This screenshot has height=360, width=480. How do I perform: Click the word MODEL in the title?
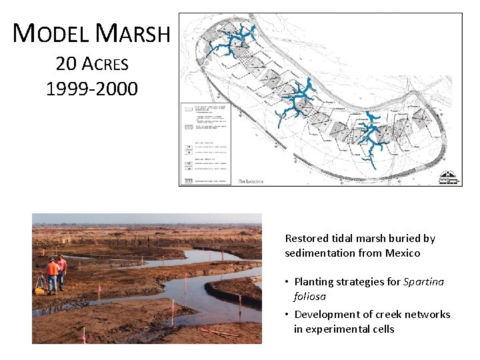51,33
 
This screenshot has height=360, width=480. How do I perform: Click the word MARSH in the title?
133,33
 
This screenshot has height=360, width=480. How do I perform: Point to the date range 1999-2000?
92,89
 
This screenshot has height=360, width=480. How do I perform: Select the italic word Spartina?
423,281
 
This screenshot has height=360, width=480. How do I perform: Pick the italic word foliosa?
309,296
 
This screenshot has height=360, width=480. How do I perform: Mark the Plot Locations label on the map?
251,181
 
